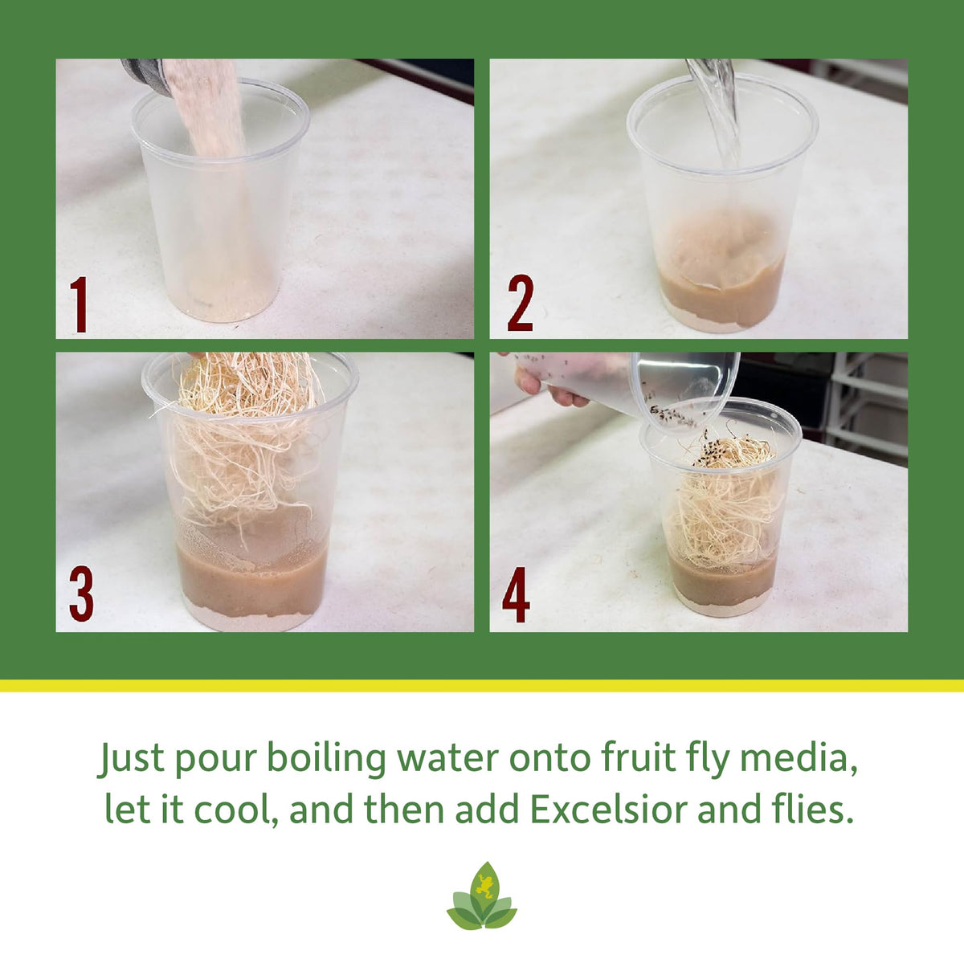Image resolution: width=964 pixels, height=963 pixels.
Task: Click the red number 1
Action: [x=79, y=304]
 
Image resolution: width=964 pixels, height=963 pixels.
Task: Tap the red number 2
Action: [x=521, y=303]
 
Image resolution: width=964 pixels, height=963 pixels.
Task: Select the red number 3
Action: [x=82, y=594]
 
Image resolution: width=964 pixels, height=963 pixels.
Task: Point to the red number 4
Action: [x=516, y=594]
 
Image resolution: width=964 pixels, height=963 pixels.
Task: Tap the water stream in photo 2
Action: [x=716, y=111]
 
